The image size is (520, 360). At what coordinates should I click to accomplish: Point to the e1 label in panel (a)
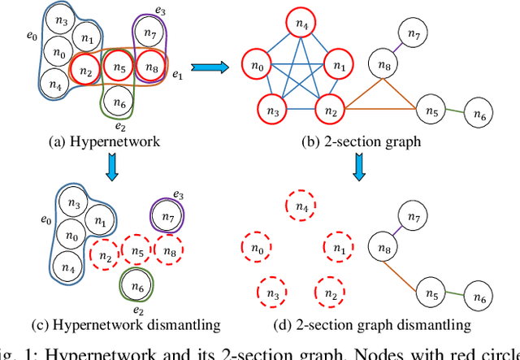(177, 75)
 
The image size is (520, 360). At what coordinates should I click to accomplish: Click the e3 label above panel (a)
(161, 11)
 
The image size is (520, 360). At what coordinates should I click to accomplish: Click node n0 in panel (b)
(259, 66)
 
